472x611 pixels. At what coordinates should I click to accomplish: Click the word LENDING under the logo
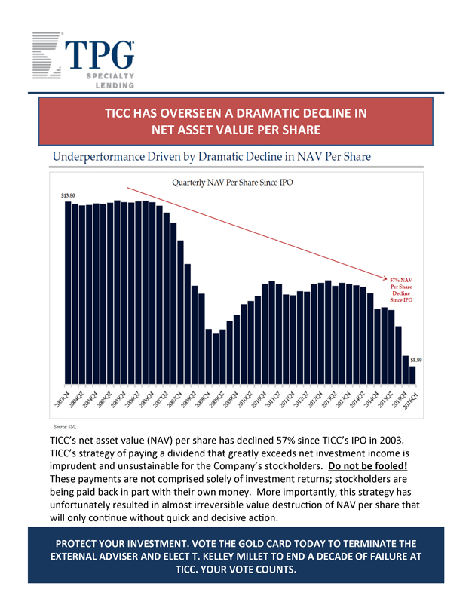114,86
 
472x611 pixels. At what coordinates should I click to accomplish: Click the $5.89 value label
415,360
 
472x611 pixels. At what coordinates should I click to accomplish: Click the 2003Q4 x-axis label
63,400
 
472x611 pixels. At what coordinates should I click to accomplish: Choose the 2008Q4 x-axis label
204,400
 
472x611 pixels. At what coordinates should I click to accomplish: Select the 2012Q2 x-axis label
302,400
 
